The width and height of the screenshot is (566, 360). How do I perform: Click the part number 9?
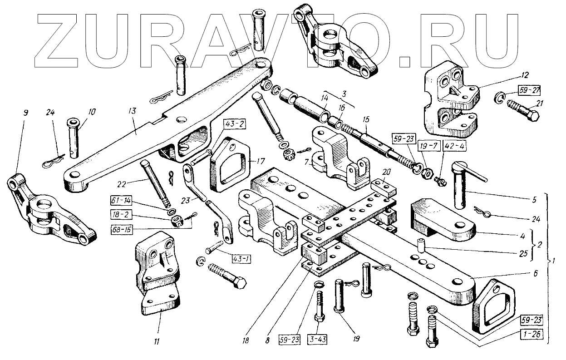tap(25, 112)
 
